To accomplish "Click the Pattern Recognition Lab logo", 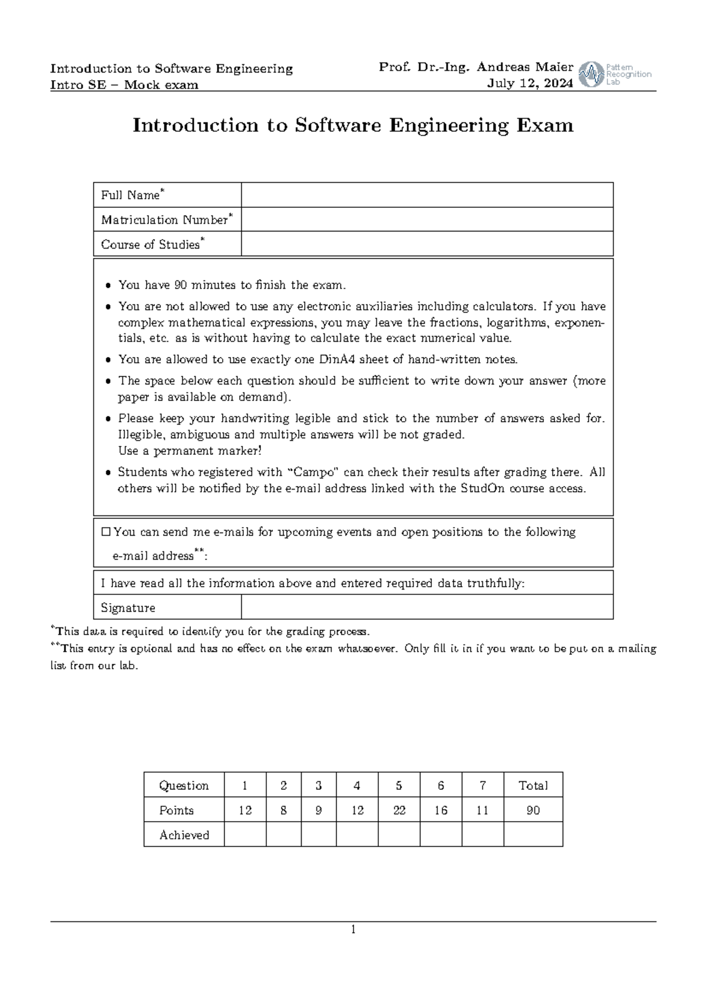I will point(616,74).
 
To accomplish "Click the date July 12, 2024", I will point(530,84).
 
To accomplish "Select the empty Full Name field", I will point(427,195).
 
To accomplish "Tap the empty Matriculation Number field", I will point(427,219).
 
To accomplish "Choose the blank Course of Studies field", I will point(427,244).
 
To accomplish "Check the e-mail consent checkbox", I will point(106,532).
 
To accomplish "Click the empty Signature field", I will point(427,607).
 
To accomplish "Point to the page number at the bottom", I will point(353,930).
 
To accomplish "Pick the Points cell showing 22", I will point(399,811).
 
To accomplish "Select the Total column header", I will point(533,785).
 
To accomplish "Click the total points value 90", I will point(533,811).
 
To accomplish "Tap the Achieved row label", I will point(184,835).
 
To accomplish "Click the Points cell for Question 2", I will point(283,811).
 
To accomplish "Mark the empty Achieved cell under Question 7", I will point(483,835).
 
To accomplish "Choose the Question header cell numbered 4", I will point(357,785).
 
